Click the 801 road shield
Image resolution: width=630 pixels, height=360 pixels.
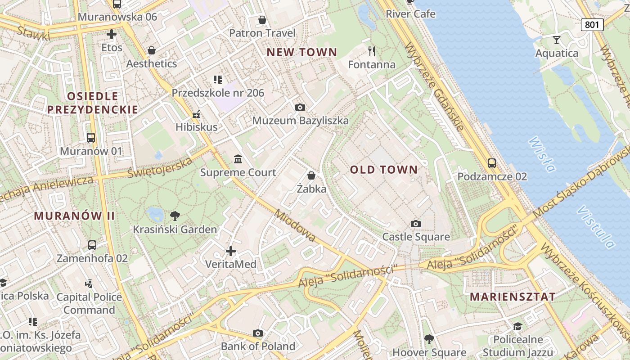tap(592, 24)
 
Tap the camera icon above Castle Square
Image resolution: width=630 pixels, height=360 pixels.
tap(416, 224)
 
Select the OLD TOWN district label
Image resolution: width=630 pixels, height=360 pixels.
tap(384, 170)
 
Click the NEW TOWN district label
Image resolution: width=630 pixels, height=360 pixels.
tap(301, 52)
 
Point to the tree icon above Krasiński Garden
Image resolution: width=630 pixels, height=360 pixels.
tap(175, 216)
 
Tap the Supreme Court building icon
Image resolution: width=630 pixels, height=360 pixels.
tap(238, 159)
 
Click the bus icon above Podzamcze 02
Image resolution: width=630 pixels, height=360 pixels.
tap(492, 163)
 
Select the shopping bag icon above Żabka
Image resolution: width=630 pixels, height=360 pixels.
tap(311, 175)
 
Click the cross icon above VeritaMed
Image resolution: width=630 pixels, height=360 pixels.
tap(231, 251)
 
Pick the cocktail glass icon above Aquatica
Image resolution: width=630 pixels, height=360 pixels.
tap(557, 40)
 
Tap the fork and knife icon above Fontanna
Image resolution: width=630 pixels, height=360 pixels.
tap(372, 51)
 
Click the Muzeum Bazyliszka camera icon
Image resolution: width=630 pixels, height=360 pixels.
tap(300, 107)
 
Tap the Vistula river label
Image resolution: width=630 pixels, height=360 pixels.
tap(597, 227)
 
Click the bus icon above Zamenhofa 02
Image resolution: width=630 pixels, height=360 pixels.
tap(92, 245)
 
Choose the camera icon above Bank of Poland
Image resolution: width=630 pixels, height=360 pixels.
tap(258, 333)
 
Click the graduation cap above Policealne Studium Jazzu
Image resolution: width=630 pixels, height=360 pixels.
tap(517, 326)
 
